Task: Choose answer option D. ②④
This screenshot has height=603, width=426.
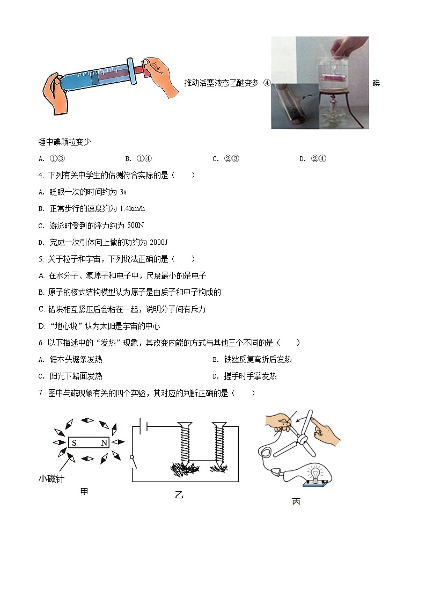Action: pos(313,158)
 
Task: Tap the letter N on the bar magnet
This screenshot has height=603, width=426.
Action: pos(104,442)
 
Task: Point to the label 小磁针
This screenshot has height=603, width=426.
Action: pos(52,478)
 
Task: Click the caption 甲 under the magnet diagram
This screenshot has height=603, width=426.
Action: pos(84,491)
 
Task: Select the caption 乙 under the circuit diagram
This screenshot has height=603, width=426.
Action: pos(179,496)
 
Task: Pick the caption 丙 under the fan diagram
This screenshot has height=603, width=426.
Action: pos(296,502)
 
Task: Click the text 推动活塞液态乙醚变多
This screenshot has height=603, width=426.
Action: pos(222,83)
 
